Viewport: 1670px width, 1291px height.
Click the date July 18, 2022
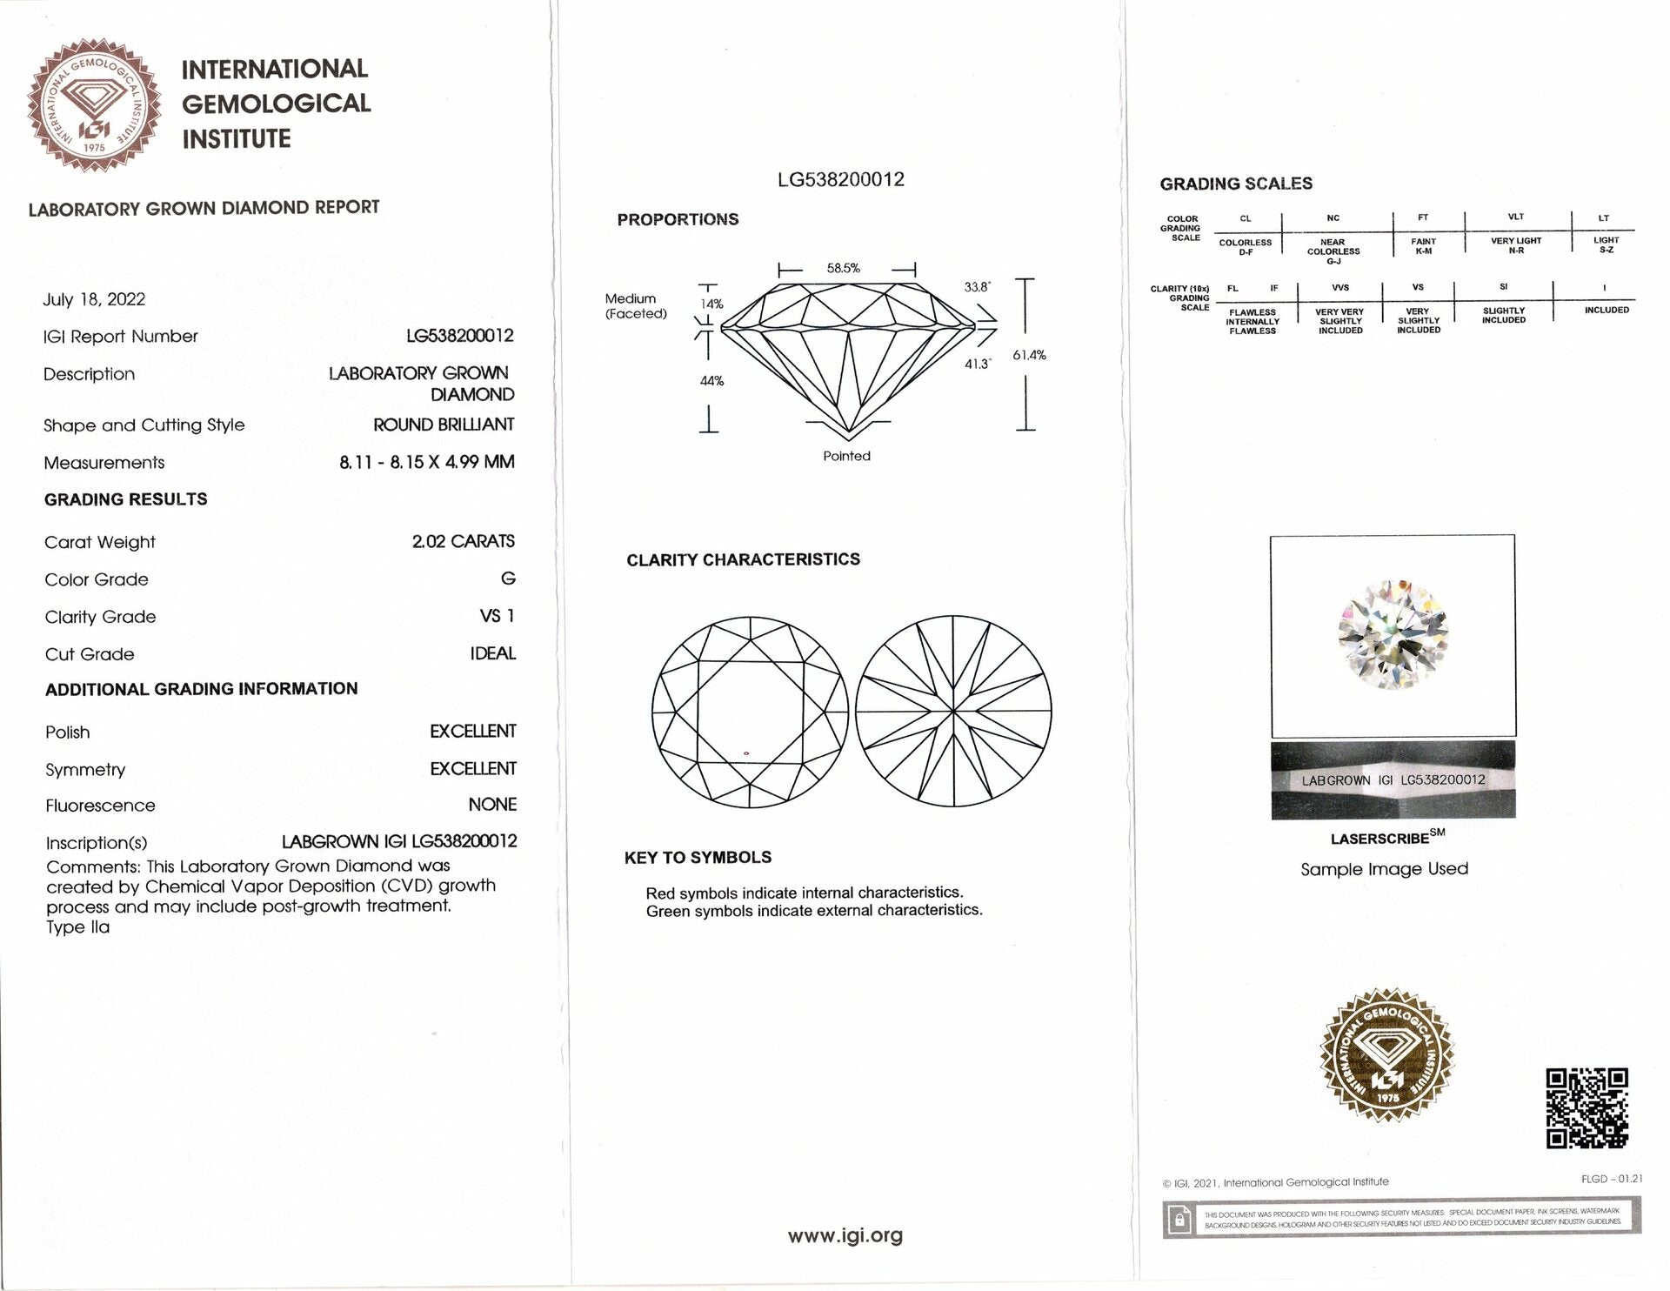[x=94, y=299]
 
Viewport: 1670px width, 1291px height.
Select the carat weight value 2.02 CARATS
[x=463, y=541]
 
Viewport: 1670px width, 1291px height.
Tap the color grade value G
[x=508, y=579]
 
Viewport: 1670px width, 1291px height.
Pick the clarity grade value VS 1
[x=497, y=616]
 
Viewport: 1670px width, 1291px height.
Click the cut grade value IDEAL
[x=492, y=653]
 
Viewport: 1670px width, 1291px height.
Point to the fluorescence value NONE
[x=492, y=805]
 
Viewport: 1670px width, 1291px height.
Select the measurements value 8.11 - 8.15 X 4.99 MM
[x=426, y=462]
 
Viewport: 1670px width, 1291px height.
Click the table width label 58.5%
[x=843, y=269]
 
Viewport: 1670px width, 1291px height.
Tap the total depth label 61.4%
[x=1029, y=355]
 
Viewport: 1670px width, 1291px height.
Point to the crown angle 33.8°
[x=977, y=287]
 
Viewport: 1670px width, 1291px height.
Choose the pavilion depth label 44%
[x=711, y=381]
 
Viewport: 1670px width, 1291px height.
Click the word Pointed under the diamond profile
[x=846, y=456]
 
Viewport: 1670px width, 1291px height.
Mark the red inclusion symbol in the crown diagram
[x=746, y=753]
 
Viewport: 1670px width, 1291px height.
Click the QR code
[x=1586, y=1108]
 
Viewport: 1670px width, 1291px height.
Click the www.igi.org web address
[x=845, y=1235]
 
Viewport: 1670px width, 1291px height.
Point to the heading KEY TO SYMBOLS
[x=698, y=858]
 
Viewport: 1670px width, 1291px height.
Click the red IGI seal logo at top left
[x=94, y=105]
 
